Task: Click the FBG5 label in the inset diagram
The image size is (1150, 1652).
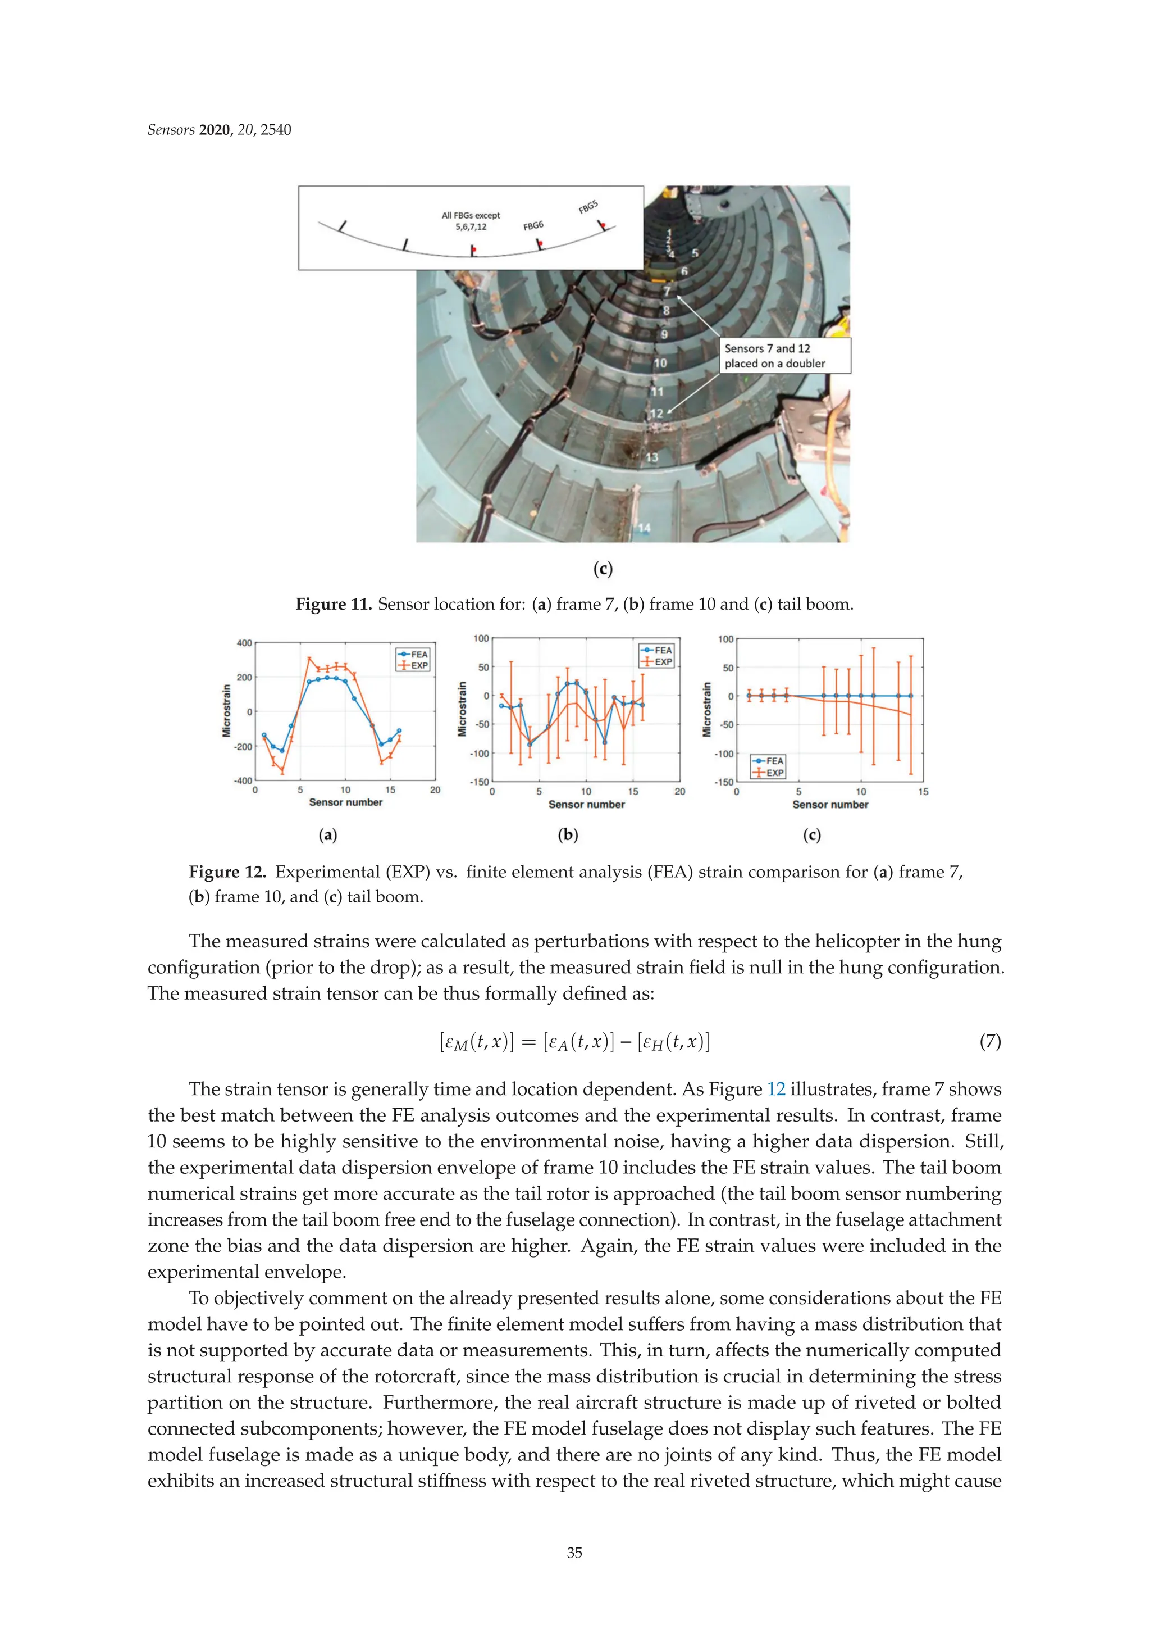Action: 587,207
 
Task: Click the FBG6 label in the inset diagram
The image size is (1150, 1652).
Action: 533,226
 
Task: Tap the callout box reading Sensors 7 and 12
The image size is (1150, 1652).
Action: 784,356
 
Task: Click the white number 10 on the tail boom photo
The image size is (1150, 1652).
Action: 659,364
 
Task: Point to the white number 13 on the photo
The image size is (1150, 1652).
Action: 651,457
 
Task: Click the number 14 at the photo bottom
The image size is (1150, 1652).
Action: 644,528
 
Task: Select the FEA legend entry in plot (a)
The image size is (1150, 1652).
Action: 413,654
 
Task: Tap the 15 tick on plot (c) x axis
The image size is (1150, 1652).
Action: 923,792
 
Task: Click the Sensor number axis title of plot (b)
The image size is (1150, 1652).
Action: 586,805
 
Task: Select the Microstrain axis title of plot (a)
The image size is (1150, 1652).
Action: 226,711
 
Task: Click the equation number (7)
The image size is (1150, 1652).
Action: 989,1041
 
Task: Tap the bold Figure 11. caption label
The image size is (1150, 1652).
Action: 333,605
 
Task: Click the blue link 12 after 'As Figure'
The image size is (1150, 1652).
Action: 776,1090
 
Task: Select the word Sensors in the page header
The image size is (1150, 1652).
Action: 171,130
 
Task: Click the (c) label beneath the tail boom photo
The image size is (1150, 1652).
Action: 603,569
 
